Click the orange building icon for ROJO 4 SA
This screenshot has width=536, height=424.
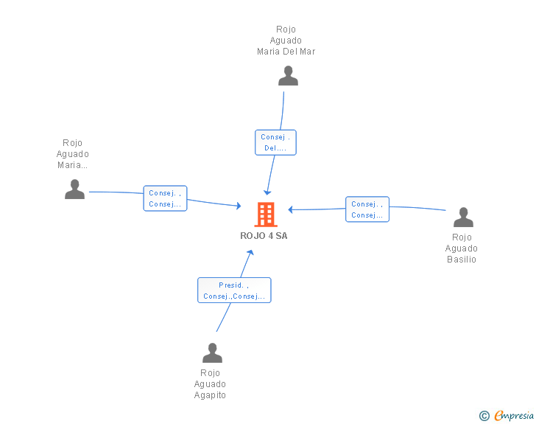click(x=266, y=215)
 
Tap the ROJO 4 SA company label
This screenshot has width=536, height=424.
click(x=264, y=236)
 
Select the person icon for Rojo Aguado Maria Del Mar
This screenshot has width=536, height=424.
click(x=288, y=76)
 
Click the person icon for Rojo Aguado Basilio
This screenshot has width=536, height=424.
click(x=463, y=217)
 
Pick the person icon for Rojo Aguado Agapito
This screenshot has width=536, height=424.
click(x=212, y=352)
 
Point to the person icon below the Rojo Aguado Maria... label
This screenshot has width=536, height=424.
click(x=74, y=189)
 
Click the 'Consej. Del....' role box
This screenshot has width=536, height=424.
click(x=275, y=142)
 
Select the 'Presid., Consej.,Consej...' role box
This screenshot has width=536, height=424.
click(x=234, y=290)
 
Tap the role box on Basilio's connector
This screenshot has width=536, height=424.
click(x=367, y=209)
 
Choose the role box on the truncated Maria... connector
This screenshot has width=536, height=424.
click(x=165, y=198)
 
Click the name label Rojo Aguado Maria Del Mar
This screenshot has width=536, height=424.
click(x=286, y=40)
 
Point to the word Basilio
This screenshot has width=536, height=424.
click(x=462, y=260)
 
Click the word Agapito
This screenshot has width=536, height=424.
click(x=210, y=395)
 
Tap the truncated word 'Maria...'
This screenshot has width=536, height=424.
click(x=72, y=165)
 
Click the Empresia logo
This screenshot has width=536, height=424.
click(x=514, y=415)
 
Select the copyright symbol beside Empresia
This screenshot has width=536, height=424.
click(x=484, y=416)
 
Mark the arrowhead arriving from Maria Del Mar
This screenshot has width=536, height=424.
click(x=267, y=192)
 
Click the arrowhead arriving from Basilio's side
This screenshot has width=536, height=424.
click(x=291, y=209)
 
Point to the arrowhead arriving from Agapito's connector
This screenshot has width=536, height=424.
click(x=251, y=252)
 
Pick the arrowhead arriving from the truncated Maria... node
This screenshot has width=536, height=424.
click(x=239, y=206)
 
